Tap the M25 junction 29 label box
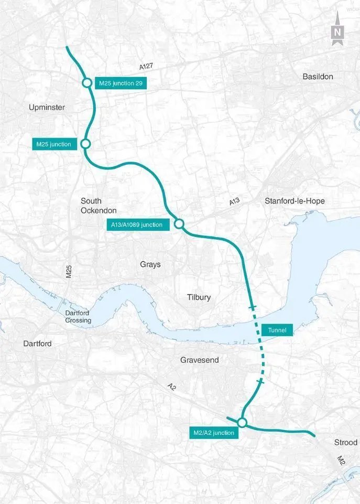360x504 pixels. [121, 83]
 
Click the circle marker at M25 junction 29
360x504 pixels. [86, 83]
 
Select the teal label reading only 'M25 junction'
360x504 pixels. [53, 144]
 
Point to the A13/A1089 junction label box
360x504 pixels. [136, 224]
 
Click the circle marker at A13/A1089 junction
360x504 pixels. [178, 224]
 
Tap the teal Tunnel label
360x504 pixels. [277, 330]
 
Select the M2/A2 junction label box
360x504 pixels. [212, 433]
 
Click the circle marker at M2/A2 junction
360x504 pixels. [242, 422]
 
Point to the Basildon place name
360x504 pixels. [318, 77]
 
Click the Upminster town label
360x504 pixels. [47, 108]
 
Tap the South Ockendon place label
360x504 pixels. [91, 206]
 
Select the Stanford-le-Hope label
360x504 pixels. [294, 201]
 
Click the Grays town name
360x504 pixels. [150, 264]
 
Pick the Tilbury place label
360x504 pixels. [199, 297]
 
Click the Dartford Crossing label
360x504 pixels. [78, 317]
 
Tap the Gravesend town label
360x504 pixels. [199, 360]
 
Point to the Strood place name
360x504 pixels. [345, 443]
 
